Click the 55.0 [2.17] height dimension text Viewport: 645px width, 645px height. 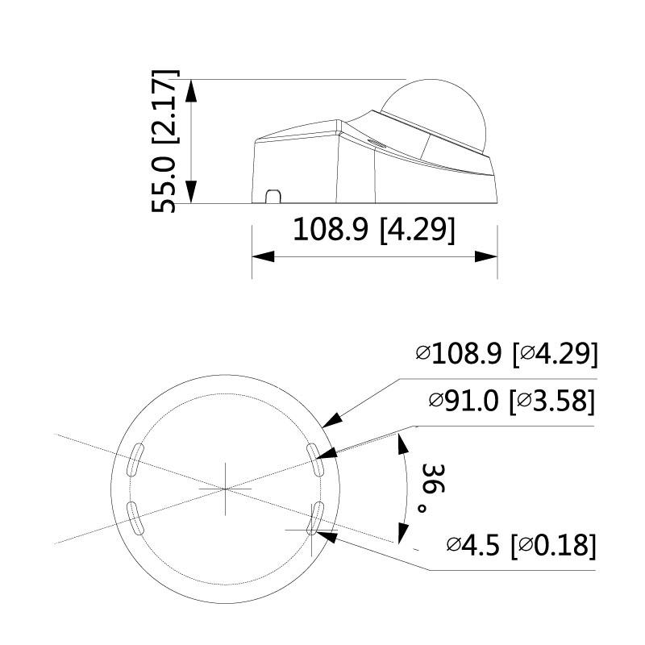tap(165, 141)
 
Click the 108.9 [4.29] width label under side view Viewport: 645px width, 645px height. tap(373, 230)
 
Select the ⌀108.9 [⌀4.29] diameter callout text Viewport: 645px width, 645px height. tap(506, 354)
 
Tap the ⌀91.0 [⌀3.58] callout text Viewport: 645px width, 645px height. tap(513, 401)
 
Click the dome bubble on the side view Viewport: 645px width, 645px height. tap(435, 113)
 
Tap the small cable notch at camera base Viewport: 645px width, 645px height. tap(273, 196)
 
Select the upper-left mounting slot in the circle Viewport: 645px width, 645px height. tap(135, 460)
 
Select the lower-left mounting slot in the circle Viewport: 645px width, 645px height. tap(135, 517)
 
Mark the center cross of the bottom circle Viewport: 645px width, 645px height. tap(225, 489)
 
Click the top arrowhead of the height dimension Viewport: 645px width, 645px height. tap(191, 89)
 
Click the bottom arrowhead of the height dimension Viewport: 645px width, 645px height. tap(191, 193)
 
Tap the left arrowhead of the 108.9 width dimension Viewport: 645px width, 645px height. tap(263, 256)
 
